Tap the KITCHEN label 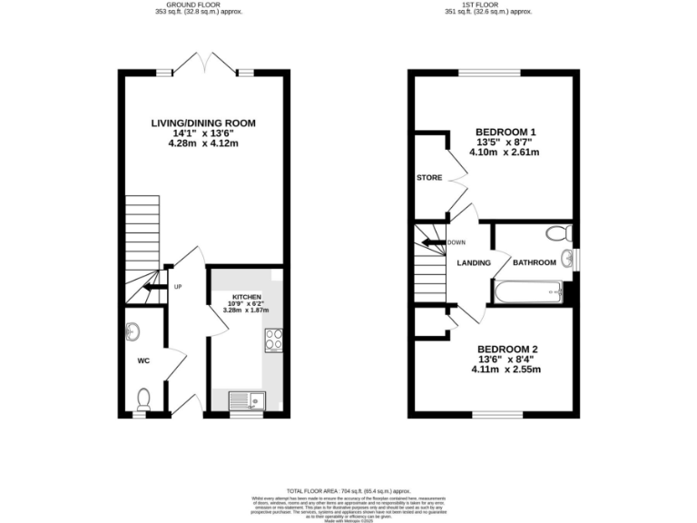(x=246, y=297)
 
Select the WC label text (x=142, y=360)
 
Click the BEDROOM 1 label (x=506, y=132)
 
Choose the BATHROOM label (x=534, y=263)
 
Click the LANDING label (x=474, y=263)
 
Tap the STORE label (x=429, y=178)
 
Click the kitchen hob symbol (x=274, y=340)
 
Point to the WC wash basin (x=133, y=330)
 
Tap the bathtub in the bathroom (x=527, y=292)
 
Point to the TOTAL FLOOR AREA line (x=348, y=489)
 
